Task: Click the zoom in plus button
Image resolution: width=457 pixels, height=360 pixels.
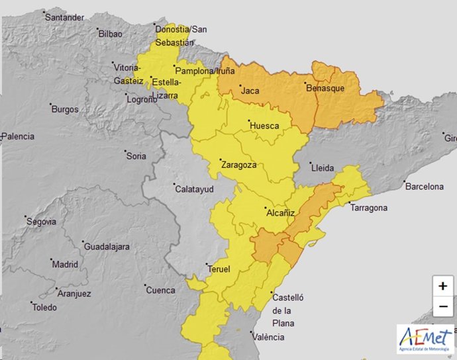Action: point(442,286)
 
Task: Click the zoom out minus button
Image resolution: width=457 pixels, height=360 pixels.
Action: point(442,307)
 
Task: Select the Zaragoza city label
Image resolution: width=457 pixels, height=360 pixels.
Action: point(238,165)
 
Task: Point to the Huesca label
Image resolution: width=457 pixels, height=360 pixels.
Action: point(264,126)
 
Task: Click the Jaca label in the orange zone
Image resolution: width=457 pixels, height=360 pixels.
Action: point(250,90)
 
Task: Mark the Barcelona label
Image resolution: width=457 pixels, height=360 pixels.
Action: point(423,187)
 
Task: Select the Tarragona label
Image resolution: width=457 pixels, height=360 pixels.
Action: point(369,208)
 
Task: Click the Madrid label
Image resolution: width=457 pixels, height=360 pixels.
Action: point(65,264)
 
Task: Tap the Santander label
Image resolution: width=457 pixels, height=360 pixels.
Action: point(64,17)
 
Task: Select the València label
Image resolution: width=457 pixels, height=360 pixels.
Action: point(268,337)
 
